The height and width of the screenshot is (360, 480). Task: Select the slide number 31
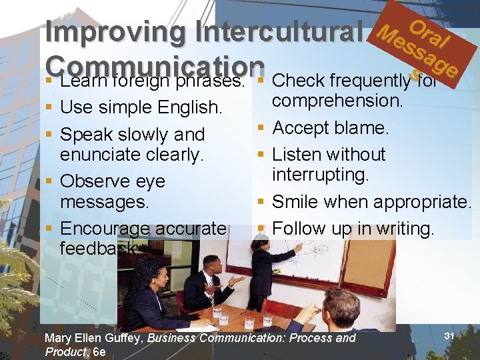tap(449, 337)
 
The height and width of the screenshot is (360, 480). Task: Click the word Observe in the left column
tap(93, 181)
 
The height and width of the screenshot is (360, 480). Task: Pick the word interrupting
tap(321, 175)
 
